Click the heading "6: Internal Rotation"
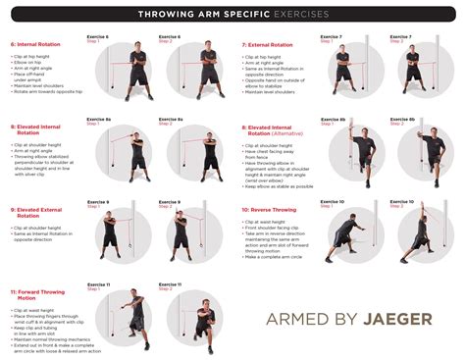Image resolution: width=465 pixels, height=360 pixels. [x=35, y=45]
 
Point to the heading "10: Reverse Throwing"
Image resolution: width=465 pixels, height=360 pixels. [x=273, y=209]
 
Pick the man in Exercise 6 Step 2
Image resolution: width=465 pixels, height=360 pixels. [x=188, y=74]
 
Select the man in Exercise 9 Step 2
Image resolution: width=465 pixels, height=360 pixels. [x=181, y=235]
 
